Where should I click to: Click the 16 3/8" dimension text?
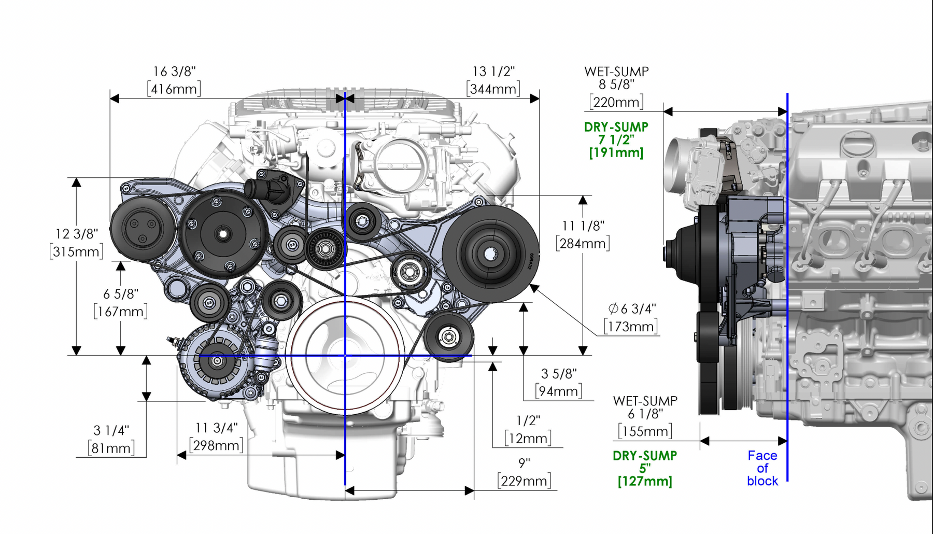pos(174,72)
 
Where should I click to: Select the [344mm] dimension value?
pos(493,89)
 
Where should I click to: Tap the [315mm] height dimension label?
pos(77,252)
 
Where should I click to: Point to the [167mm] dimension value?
pos(120,312)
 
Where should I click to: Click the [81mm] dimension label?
pos(111,448)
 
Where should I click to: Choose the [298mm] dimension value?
pos(216,445)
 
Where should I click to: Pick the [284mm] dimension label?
pos(583,243)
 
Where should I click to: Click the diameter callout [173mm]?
pos(631,327)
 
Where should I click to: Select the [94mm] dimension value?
pos(558,391)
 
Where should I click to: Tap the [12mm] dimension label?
pos(528,439)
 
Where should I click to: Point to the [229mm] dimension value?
pos(524,481)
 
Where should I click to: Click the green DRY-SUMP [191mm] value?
pos(616,153)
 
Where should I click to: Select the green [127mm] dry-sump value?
pos(645,482)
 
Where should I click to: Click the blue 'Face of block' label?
pos(762,468)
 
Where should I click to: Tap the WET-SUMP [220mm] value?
pos(616,102)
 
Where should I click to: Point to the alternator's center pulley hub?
pos(217,360)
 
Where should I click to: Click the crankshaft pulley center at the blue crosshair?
pos(345,356)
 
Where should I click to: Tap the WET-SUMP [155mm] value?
pos(645,431)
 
